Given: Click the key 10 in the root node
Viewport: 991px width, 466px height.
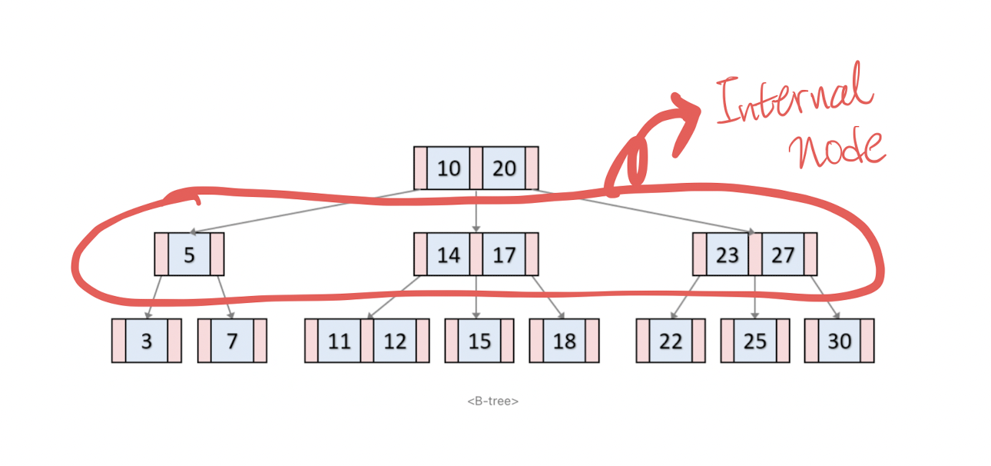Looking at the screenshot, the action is pos(449,168).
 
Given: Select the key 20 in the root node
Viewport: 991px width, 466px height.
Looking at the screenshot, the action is pos(504,168).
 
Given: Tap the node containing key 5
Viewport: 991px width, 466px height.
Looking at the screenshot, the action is pos(189,254).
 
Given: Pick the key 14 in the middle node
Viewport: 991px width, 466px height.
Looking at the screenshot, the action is pos(449,254).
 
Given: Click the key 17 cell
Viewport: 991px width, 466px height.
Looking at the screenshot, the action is pos(504,254).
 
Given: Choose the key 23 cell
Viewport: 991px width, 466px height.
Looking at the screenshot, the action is pos(727,254).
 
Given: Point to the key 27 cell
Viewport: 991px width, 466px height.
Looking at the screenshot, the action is pos(782,254).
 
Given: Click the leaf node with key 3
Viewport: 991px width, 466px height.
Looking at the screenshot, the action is pos(147,341).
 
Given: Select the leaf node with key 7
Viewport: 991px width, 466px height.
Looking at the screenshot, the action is pos(232,341).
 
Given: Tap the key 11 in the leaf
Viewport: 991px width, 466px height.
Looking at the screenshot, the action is pos(339,341).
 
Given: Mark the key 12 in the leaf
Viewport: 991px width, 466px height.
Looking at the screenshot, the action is pos(395,341).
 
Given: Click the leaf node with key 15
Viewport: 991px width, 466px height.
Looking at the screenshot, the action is pos(479,341).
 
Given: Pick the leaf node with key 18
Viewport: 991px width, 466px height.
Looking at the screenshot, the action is pos(565,341).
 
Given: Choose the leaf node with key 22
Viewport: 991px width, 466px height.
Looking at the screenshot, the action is pos(671,341).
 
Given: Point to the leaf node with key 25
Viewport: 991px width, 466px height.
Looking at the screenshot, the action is pos(755,341).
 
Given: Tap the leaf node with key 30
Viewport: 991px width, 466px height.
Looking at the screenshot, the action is pos(840,341).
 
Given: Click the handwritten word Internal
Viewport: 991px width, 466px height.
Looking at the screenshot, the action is pos(795,96).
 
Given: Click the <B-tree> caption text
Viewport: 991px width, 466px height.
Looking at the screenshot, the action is pos(492,401).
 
